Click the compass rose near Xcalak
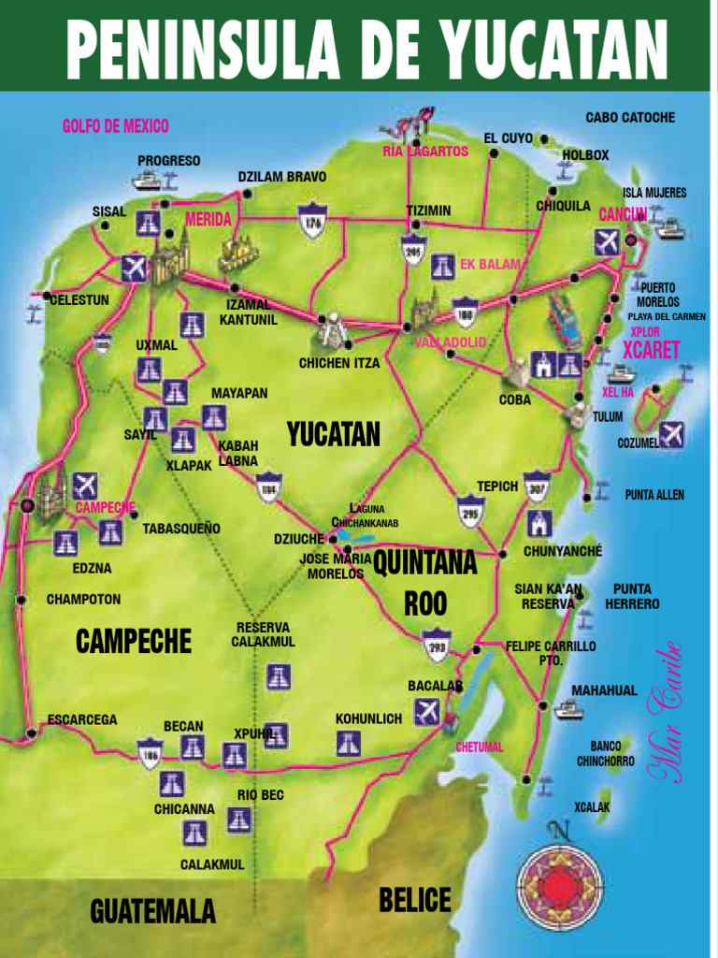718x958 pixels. coord(559,877)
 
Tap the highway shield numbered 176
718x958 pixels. coord(311,221)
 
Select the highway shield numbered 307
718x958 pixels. coord(537,486)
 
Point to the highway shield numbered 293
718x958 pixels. coord(436,645)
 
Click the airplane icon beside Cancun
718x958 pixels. coord(607,242)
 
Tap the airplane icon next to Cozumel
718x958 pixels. coord(671,434)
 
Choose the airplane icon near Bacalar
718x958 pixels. coord(426,711)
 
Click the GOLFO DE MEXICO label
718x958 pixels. coord(115,126)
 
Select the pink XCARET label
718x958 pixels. coord(651,351)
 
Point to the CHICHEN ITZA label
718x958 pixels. coord(339,363)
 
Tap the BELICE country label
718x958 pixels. coord(415,901)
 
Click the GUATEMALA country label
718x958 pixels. coord(152,911)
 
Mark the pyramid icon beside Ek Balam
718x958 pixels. coord(443,267)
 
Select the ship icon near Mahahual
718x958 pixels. coord(567,709)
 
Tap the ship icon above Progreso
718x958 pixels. coord(147,181)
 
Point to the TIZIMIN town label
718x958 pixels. coord(428,210)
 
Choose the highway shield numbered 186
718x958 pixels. coord(150,754)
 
